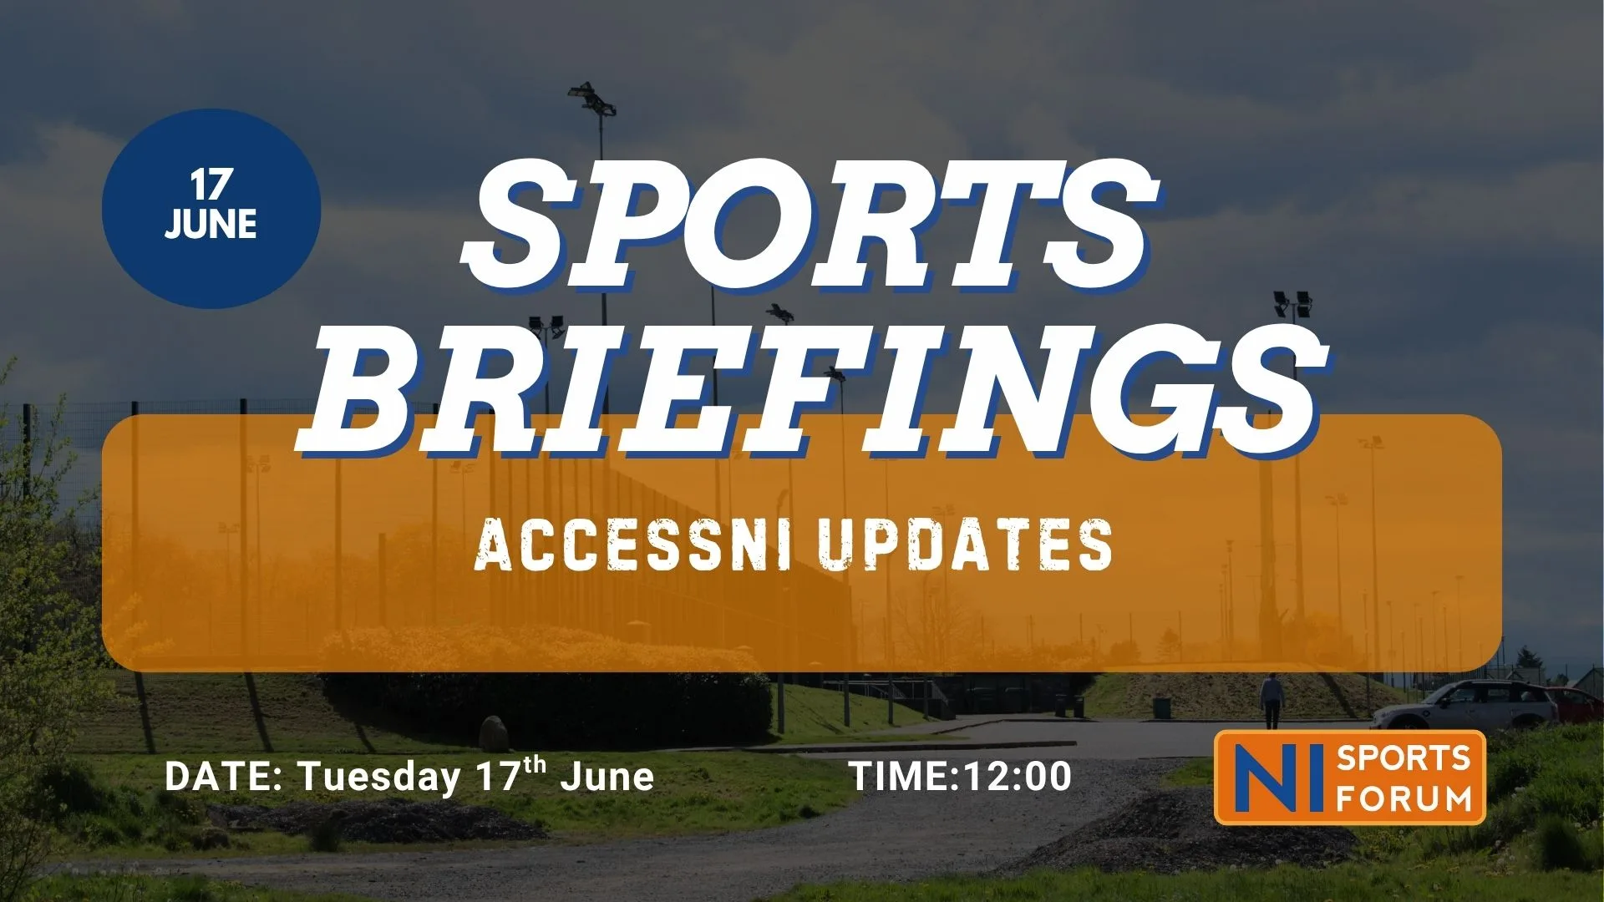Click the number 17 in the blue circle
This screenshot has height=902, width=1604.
(x=211, y=185)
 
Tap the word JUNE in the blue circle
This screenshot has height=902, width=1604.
(x=211, y=224)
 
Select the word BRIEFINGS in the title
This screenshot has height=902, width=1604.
(x=812, y=391)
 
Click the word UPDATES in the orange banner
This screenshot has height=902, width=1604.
(x=965, y=545)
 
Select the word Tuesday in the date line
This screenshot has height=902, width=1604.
(x=380, y=778)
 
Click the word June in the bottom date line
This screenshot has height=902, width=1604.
(x=607, y=776)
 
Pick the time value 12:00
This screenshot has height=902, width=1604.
(x=1017, y=776)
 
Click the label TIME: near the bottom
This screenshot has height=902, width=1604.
(x=905, y=776)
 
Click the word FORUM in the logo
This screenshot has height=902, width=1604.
(x=1403, y=798)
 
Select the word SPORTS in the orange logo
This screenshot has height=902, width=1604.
(x=1403, y=758)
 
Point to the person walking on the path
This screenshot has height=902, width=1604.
(x=1272, y=701)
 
